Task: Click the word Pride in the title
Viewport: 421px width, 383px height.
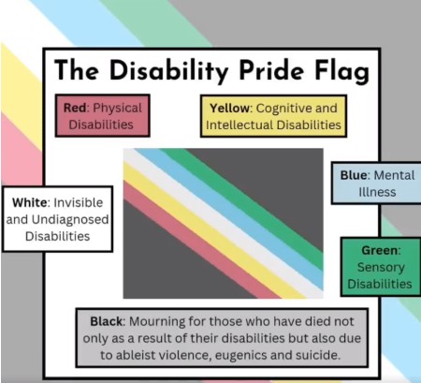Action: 271,70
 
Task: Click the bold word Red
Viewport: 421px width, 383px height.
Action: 75,108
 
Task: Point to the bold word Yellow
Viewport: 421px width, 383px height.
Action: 229,109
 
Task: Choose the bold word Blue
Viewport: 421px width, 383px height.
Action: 354,175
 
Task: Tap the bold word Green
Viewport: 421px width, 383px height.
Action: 380,250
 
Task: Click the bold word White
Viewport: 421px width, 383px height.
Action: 30,202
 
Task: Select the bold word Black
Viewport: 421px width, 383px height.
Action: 106,321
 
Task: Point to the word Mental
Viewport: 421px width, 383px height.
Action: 394,175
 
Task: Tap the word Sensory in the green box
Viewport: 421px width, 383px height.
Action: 381,268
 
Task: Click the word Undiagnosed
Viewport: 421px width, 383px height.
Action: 70,220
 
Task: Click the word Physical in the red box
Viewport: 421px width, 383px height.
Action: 117,109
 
